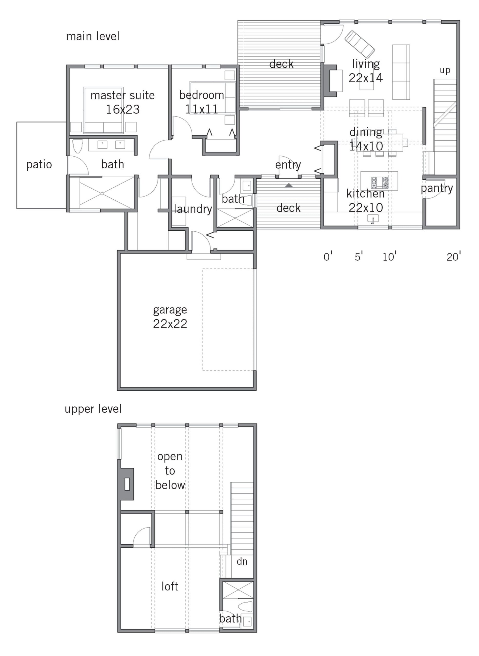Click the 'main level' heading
coord(93,36)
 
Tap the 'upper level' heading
coord(93,409)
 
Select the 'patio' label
coord(39,165)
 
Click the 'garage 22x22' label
coord(170,317)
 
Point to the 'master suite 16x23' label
coord(123,102)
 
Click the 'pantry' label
coord(437,188)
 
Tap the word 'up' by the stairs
coord(445,70)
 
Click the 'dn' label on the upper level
coord(242,561)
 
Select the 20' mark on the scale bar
coord(453,257)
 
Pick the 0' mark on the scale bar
coord(328,257)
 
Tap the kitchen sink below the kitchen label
coord(373,219)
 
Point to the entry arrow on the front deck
coord(289,186)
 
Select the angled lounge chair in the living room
coord(360,45)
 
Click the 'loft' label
coord(170,587)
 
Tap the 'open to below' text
coord(170,471)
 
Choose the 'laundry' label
coord(193,209)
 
